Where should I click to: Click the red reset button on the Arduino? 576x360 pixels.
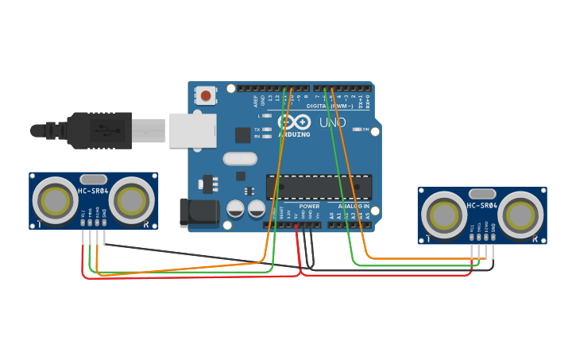point(206,96)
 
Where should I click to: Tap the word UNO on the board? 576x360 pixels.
point(332,122)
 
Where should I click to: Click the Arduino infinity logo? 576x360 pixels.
point(294,122)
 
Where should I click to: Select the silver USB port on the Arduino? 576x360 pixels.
point(192,130)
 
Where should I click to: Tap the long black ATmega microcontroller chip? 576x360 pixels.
point(319,187)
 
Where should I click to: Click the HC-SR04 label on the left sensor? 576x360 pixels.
point(93,191)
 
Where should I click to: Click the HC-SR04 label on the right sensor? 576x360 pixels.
point(481,206)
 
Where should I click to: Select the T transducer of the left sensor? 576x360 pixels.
point(55,200)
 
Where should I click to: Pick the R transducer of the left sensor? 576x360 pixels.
point(131,200)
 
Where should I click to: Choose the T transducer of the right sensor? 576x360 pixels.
point(443,215)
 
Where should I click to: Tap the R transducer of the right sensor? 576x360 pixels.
point(520,215)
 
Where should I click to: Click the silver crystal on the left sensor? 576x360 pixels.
point(93,180)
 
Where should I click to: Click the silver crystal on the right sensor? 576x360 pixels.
point(481,194)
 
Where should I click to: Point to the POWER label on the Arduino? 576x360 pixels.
point(309,206)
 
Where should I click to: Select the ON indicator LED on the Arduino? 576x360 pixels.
point(358,129)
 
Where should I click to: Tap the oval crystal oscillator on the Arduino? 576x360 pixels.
point(239,158)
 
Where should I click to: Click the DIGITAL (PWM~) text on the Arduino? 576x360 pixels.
point(331,105)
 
